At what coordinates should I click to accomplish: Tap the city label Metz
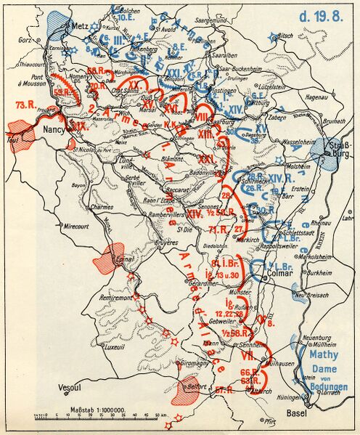pos(81,25)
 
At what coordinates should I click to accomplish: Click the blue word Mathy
pos(324,357)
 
